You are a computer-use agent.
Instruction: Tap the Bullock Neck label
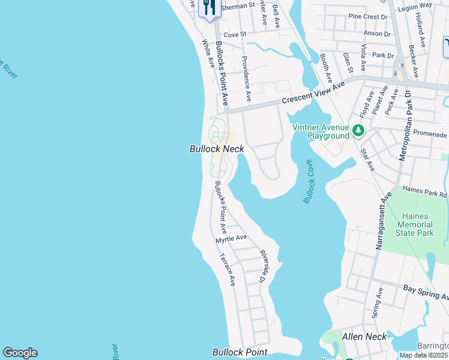coord(217,149)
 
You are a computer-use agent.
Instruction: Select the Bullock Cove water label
coord(309,182)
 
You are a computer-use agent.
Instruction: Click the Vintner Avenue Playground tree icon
coord(358,130)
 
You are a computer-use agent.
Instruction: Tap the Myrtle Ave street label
coord(231,238)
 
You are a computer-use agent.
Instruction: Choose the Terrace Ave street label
coord(227,268)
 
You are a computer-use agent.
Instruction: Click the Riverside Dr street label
coord(262,266)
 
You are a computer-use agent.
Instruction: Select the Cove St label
coord(235,35)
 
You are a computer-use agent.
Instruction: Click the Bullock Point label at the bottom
coord(240,352)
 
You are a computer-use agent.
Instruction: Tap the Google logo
coord(20,353)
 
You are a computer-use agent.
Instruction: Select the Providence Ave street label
coord(245,78)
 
